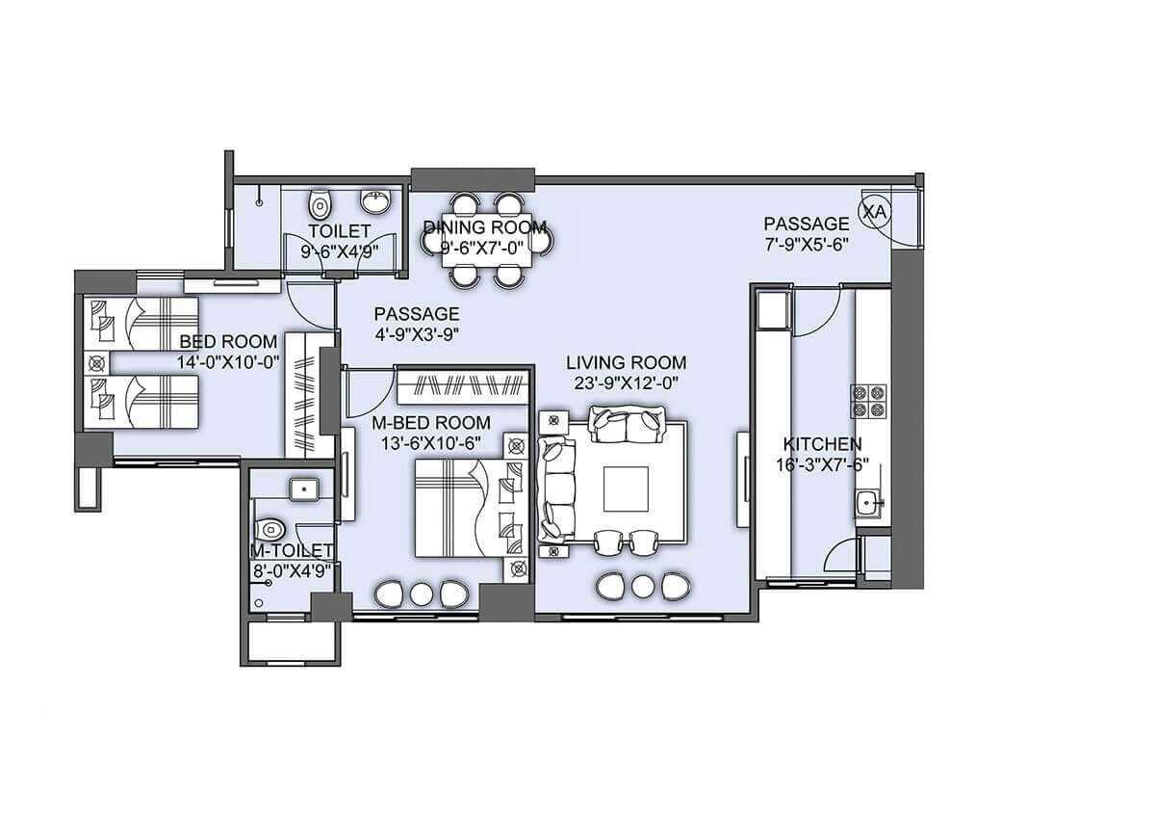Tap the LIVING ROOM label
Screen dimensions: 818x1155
pos(626,362)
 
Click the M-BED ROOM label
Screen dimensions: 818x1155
pos(431,423)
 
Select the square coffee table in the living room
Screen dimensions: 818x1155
pos(626,489)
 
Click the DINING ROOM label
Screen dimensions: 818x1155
pos(485,227)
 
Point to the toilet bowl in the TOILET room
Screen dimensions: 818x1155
pos(320,205)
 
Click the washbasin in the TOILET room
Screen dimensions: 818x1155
pos(375,201)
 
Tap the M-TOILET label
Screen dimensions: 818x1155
pos(292,550)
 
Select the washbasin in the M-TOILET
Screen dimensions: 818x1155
pos(304,488)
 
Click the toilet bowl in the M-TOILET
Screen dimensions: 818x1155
pos(270,529)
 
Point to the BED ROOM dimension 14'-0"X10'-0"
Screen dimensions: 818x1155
pos(228,361)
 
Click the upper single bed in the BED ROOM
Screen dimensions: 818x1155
pos(142,323)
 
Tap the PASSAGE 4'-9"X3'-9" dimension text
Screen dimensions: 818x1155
pos(416,333)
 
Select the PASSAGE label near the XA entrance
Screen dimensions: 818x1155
pos(807,224)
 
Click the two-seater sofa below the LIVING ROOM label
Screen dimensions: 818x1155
pos(628,423)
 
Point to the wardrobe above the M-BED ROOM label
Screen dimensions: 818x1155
pos(462,387)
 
